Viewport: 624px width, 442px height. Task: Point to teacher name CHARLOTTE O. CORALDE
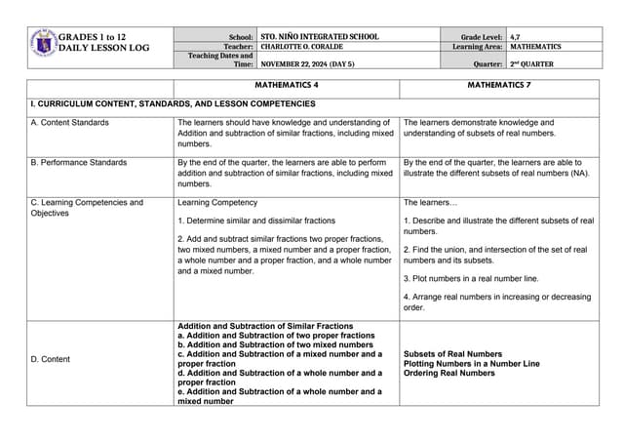pyautogui.click(x=308, y=46)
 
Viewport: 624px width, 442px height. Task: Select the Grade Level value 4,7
pyautogui.click(x=516, y=36)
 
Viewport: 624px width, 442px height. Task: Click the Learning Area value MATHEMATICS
pyautogui.click(x=535, y=46)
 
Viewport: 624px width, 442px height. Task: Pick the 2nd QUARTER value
pyautogui.click(x=532, y=63)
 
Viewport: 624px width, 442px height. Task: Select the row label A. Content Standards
pyautogui.click(x=70, y=122)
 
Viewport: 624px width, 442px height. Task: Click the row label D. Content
pyautogui.click(x=51, y=359)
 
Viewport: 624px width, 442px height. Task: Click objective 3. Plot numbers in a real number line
pyautogui.click(x=464, y=278)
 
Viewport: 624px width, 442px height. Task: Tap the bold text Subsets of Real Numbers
pyautogui.click(x=452, y=354)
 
